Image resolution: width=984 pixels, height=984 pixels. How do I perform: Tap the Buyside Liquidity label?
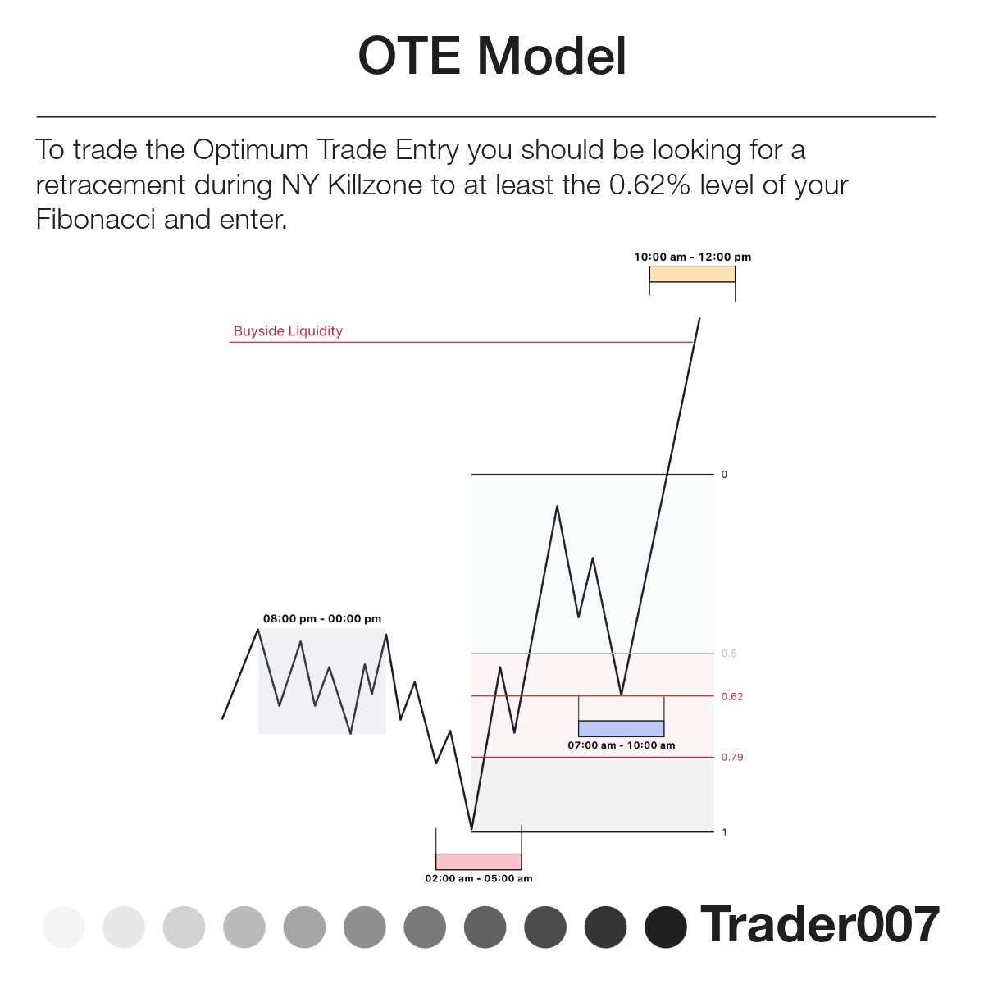[288, 331]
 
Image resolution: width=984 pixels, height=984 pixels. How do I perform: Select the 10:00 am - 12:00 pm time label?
[692, 257]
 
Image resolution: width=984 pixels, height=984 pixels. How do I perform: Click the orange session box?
[692, 274]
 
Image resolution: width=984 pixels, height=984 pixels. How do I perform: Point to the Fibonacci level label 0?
[724, 475]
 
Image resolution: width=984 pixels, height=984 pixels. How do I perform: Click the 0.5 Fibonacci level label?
[729, 654]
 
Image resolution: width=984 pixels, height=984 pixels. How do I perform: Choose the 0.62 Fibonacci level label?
[731, 696]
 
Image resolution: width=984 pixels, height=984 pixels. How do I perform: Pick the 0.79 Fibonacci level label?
[731, 757]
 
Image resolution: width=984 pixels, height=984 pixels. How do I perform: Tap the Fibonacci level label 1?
[724, 832]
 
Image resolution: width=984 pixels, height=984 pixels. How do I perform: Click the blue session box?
[621, 728]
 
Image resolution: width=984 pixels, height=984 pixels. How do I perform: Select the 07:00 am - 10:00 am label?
[621, 745]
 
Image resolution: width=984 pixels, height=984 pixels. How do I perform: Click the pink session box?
[478, 861]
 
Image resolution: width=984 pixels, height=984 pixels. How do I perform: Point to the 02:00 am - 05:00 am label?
[478, 878]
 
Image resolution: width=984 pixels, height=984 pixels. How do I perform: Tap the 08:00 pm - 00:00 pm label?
[321, 619]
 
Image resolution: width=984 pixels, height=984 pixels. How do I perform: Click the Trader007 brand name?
[819, 925]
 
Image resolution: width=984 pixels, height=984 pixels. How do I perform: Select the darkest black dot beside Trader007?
[665, 927]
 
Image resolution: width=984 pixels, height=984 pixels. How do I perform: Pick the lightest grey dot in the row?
[63, 927]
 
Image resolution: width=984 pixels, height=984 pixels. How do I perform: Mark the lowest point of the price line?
[472, 830]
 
